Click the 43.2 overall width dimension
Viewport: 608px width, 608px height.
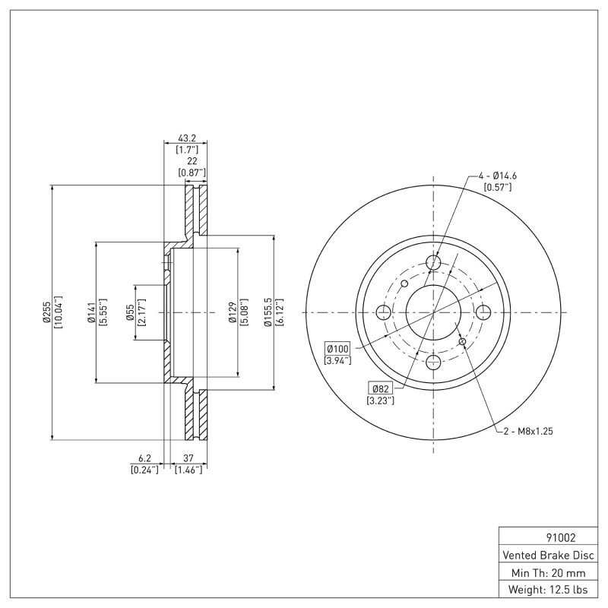click(186, 138)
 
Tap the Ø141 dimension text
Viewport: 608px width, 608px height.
click(90, 312)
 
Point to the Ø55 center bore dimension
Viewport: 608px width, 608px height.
click(130, 312)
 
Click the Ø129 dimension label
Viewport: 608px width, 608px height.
click(232, 312)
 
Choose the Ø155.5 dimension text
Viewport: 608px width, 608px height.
click(267, 312)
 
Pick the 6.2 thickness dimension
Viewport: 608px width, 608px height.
click(144, 458)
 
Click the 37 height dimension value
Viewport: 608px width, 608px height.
click(186, 458)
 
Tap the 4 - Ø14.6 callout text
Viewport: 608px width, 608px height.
click(498, 176)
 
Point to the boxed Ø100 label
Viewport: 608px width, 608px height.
click(337, 347)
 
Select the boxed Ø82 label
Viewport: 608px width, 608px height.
click(380, 388)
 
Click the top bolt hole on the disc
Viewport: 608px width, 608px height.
click(434, 263)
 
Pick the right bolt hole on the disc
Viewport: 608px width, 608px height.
click(483, 312)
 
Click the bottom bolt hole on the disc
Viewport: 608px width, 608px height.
click(434, 362)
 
